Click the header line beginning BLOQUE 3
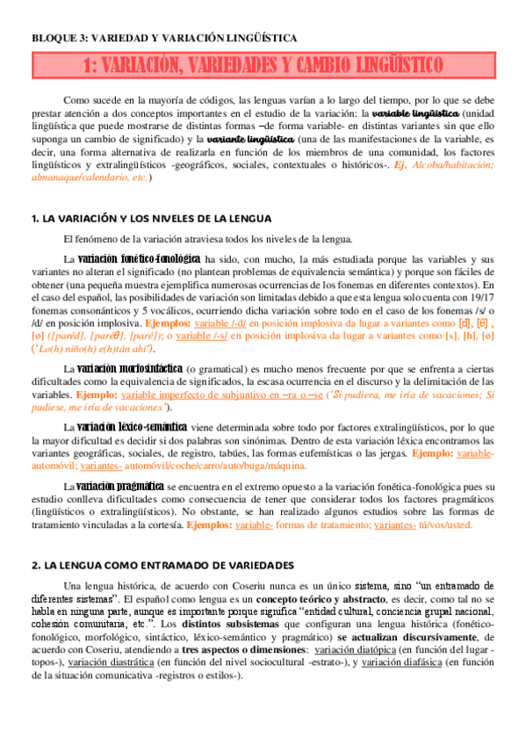click(164, 39)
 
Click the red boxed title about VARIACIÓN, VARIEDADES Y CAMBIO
click(263, 65)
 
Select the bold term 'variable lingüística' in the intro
click(414, 114)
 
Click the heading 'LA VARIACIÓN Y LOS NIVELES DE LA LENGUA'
click(151, 218)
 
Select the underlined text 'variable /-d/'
click(221, 323)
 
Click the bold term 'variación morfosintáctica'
click(130, 367)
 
